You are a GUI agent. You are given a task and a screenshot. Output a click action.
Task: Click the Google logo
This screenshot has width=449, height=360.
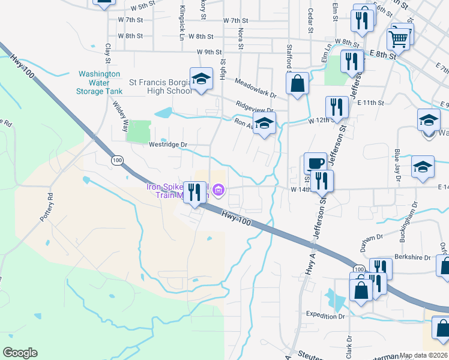(x=20, y=353)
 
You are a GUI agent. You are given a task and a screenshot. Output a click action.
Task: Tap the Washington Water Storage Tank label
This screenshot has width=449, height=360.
(x=100, y=83)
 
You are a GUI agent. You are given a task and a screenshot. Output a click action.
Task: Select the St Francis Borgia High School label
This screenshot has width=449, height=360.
(x=161, y=86)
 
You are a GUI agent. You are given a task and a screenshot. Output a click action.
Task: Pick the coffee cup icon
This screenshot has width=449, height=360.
(x=315, y=163)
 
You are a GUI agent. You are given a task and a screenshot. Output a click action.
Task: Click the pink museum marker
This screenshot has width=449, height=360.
(x=218, y=191)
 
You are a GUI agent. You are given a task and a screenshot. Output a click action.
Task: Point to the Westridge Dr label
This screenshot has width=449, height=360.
(x=168, y=145)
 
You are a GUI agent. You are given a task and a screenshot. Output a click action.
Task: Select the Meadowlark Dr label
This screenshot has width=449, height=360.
(x=255, y=88)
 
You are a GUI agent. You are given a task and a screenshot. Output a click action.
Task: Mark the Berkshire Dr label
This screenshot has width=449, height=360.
(x=412, y=257)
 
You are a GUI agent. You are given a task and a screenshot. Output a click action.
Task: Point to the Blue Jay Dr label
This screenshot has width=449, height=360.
(x=397, y=160)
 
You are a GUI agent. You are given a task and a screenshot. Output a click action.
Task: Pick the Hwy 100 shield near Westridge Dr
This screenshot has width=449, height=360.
(x=117, y=160)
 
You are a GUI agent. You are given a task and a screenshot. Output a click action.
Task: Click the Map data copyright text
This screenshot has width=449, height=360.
(x=423, y=355)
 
